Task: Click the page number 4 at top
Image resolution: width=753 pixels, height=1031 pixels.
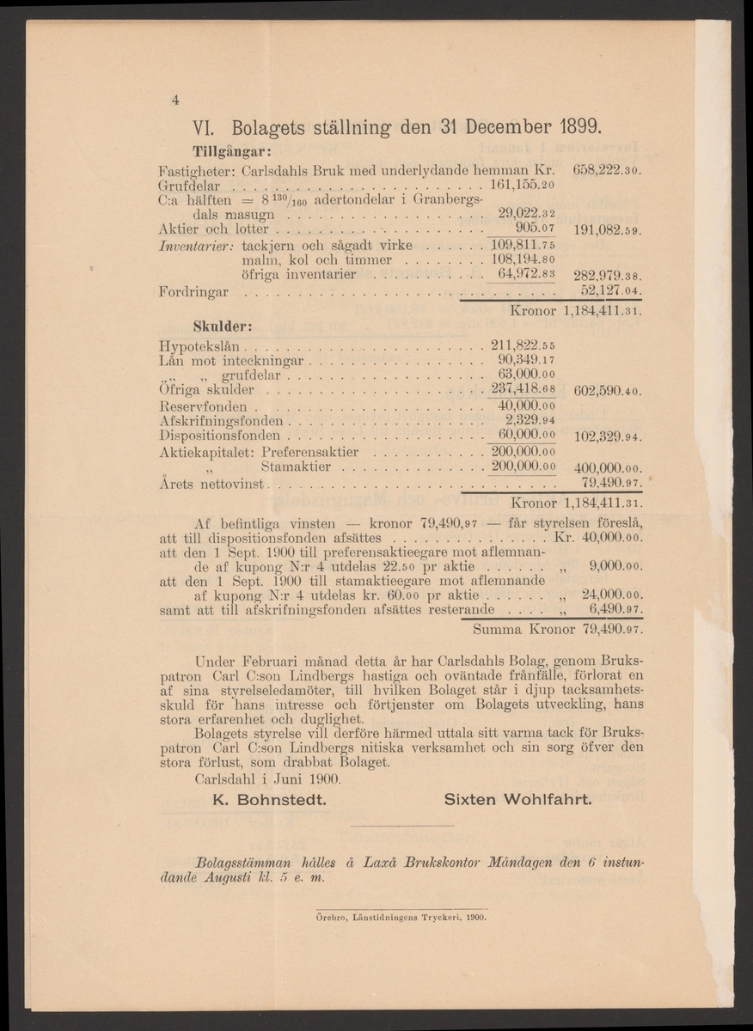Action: point(174,100)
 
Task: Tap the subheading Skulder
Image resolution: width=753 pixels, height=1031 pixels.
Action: point(221,327)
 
